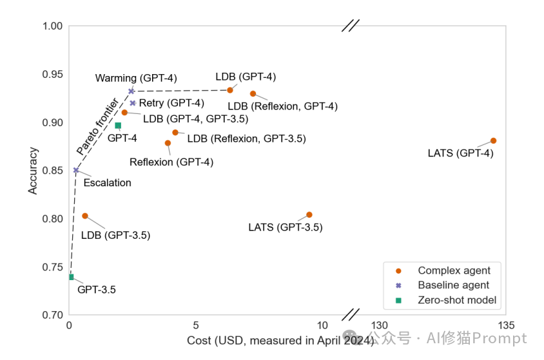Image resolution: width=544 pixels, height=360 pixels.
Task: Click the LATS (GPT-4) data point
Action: click(493, 140)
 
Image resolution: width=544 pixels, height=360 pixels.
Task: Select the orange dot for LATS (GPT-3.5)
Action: click(309, 214)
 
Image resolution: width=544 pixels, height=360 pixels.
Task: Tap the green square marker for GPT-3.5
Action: click(71, 277)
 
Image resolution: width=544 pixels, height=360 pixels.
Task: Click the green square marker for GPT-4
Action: click(118, 126)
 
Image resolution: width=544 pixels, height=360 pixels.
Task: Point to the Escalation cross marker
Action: click(76, 171)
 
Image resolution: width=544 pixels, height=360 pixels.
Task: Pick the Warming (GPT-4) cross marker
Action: click(131, 91)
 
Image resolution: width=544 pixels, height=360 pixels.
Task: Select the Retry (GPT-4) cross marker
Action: click(133, 103)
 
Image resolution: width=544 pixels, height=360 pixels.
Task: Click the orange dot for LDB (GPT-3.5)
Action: click(85, 216)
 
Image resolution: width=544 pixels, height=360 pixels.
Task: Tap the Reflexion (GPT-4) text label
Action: click(171, 162)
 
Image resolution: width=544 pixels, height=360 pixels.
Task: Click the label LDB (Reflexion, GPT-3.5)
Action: click(246, 138)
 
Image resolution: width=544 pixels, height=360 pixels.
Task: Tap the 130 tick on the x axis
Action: click(380, 325)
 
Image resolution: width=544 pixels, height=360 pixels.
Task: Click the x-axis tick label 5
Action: click(196, 325)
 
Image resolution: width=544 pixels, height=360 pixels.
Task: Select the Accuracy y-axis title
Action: click(33, 171)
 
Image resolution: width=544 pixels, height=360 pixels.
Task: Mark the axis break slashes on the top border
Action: click(350, 25)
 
